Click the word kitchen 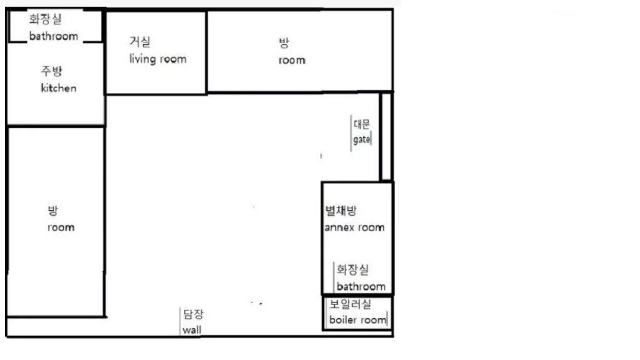(x=59, y=88)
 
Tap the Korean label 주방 (x=52, y=72)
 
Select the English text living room (x=158, y=59)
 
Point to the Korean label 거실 (x=140, y=41)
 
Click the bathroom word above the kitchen (x=53, y=36)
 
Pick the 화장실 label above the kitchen (x=46, y=19)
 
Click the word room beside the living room (x=292, y=61)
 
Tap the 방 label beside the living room (x=284, y=43)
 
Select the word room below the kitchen (x=61, y=227)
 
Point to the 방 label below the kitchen (x=53, y=211)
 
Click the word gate (x=362, y=139)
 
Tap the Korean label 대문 (x=362, y=124)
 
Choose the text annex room (x=354, y=227)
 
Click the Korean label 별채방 (x=341, y=211)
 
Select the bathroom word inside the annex (x=361, y=287)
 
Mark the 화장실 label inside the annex (x=353, y=269)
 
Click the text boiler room (x=358, y=319)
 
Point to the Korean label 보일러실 (x=350, y=304)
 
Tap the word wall (x=192, y=330)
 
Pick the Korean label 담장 (x=193, y=314)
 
